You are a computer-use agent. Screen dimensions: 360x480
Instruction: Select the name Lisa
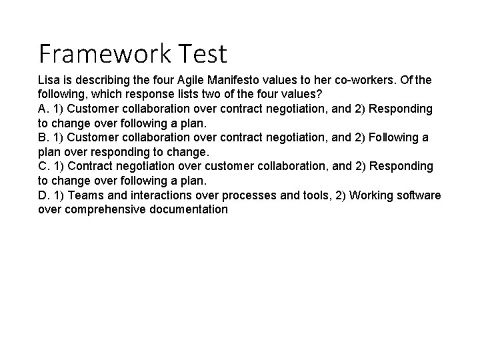click(x=49, y=80)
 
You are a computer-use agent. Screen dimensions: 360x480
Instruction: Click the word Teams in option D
click(x=85, y=195)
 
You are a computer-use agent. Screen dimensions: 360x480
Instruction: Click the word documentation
click(x=189, y=209)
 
